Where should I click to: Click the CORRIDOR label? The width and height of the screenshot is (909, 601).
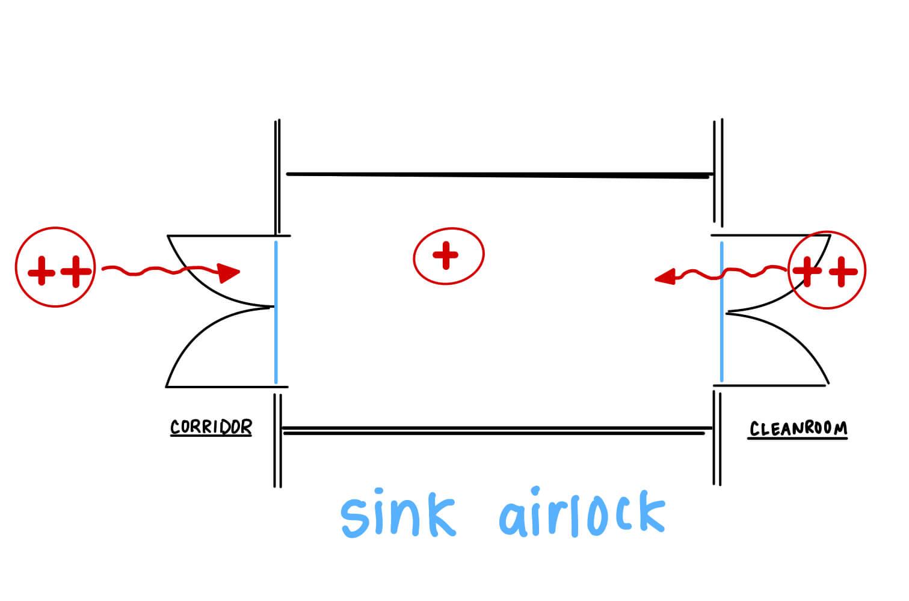pos(211,427)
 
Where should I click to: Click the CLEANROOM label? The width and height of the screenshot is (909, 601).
pos(798,429)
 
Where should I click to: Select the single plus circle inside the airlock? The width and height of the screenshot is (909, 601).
pos(448,256)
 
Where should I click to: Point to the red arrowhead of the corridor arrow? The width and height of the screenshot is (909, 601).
pos(229,273)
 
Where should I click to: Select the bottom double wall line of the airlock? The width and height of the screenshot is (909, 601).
pos(493,431)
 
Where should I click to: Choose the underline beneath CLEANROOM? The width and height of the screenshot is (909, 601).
pos(798,438)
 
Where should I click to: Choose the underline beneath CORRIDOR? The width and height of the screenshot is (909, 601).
pos(211,435)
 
